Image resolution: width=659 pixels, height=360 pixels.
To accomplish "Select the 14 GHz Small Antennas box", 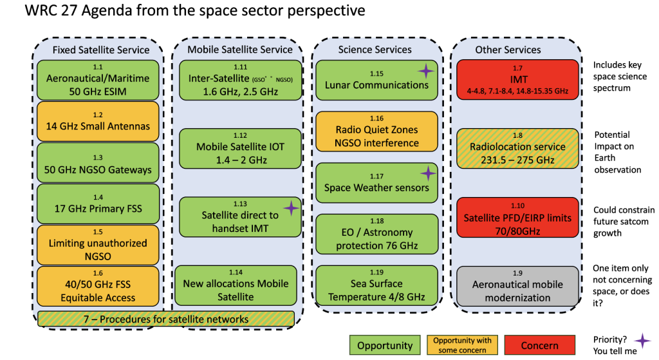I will pos(98,120).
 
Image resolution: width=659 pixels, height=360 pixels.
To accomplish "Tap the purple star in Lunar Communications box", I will pos(425,71).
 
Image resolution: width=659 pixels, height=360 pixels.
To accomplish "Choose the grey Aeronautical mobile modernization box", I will pos(517,285).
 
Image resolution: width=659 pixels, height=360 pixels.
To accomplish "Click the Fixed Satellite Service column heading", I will pos(100,50).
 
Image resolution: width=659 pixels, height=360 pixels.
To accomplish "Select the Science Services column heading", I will pos(375,50).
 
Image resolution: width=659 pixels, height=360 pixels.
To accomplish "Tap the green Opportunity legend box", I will pos(384,345).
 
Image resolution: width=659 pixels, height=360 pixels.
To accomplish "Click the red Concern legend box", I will pos(539,345).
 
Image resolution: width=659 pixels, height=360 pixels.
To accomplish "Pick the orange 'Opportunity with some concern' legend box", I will pos(462,345).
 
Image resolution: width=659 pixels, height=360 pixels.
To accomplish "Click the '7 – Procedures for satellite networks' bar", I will pos(166,319).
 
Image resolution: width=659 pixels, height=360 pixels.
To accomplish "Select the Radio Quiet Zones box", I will pos(376,131).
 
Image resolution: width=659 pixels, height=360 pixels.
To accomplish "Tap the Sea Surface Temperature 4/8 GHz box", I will pos(376,285).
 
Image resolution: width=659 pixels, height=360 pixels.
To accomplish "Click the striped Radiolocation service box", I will pos(517,147).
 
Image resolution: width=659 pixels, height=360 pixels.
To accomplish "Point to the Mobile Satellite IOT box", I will pos(240,147).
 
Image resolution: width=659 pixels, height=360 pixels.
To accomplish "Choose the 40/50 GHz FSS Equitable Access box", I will pos(98,285).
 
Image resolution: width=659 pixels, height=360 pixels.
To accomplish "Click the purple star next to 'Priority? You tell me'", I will pos(641,341).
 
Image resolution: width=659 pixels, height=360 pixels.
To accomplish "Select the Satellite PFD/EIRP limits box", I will pos(517,216).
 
